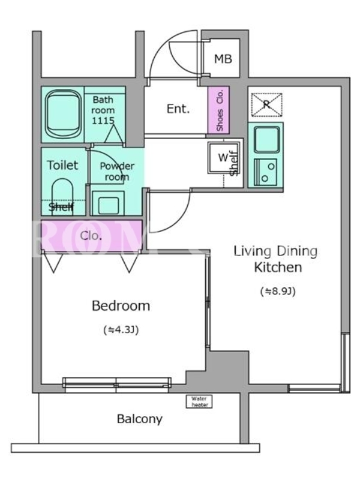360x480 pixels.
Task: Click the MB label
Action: pyautogui.click(x=223, y=58)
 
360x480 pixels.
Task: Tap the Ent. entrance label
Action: pyautogui.click(x=178, y=109)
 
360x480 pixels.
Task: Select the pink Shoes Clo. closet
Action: pyautogui.click(x=218, y=110)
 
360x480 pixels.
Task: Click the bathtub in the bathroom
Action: pyautogui.click(x=64, y=114)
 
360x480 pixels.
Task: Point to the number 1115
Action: pyautogui.click(x=103, y=121)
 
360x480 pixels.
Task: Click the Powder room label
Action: pyautogui.click(x=117, y=172)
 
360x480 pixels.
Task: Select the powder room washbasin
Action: pyautogui.click(x=108, y=203)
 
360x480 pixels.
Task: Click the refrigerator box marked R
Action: pyautogui.click(x=266, y=104)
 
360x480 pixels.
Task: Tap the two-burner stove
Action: pyautogui.click(x=266, y=172)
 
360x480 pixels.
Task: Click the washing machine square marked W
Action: pyautogui.click(x=223, y=158)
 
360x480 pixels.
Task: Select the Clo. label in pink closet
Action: pyautogui.click(x=91, y=236)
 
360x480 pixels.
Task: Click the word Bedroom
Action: pyautogui.click(x=121, y=305)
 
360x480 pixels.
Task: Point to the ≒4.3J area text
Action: pyautogui.click(x=121, y=329)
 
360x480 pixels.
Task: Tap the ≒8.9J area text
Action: pyautogui.click(x=278, y=291)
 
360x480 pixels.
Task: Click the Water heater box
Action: pyautogui.click(x=199, y=401)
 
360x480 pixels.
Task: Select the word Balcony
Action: pyautogui.click(x=140, y=419)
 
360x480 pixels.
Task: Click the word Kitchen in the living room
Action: pyautogui.click(x=278, y=267)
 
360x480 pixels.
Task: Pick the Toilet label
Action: pyautogui.click(x=62, y=166)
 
